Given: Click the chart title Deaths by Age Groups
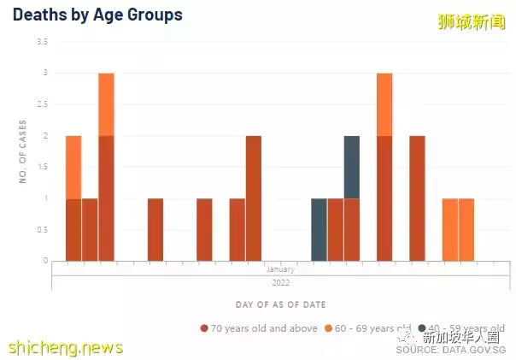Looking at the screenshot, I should [97, 15].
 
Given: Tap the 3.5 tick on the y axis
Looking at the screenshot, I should [43, 42].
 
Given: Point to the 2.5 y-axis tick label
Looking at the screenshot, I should [43, 104].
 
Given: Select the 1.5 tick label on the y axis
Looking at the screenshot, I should [43, 167].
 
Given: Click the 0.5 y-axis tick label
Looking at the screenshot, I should [43, 229].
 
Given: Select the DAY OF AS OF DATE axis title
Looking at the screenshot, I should [280, 304].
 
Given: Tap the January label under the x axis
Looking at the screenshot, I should [280, 269].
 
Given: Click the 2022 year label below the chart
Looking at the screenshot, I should [280, 281].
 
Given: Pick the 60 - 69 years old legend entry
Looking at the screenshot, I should [373, 328].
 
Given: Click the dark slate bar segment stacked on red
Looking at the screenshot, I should [351, 167].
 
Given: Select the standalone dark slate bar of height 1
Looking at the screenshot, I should [319, 229].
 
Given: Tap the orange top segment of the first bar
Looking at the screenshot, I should [73, 167].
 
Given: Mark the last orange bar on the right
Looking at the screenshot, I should [466, 229].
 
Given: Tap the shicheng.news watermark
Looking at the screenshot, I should [65, 347].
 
